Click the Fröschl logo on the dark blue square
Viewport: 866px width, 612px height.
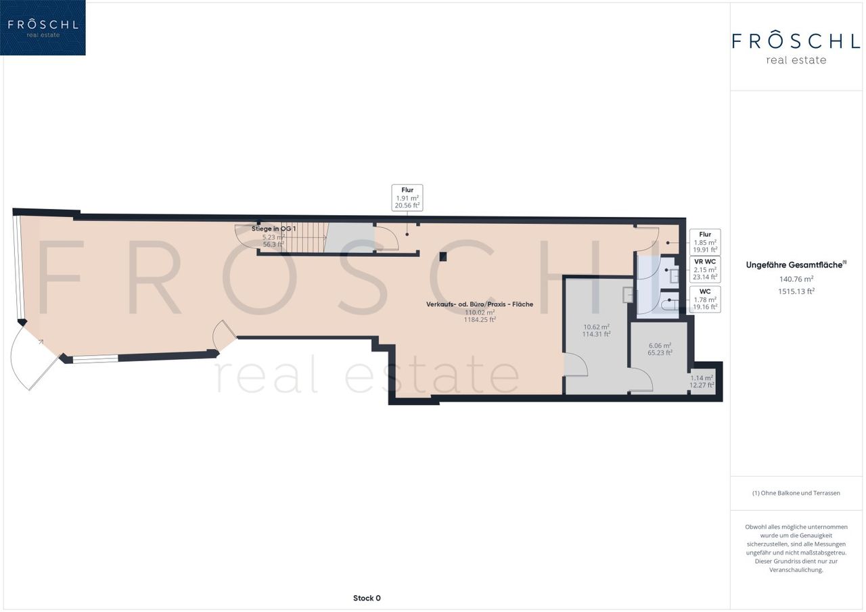pos(43,28)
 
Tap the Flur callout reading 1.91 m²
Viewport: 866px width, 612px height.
pos(407,198)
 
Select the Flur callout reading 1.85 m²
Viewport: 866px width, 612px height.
pos(705,242)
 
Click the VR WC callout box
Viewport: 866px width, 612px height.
pos(705,269)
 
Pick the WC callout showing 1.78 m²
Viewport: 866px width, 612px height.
pos(705,300)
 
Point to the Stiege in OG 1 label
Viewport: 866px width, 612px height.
pos(274,229)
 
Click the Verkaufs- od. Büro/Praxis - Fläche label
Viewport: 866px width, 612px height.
pos(480,304)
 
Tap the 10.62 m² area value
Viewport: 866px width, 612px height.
pos(597,327)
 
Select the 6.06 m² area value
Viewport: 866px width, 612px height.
pos(660,346)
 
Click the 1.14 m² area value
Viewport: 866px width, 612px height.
pos(702,378)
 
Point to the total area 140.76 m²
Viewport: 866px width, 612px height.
pos(796,279)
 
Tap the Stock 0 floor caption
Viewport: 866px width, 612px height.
pos(367,598)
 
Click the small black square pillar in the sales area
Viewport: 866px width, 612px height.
pos(443,256)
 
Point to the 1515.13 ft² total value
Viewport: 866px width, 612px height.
pos(796,291)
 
